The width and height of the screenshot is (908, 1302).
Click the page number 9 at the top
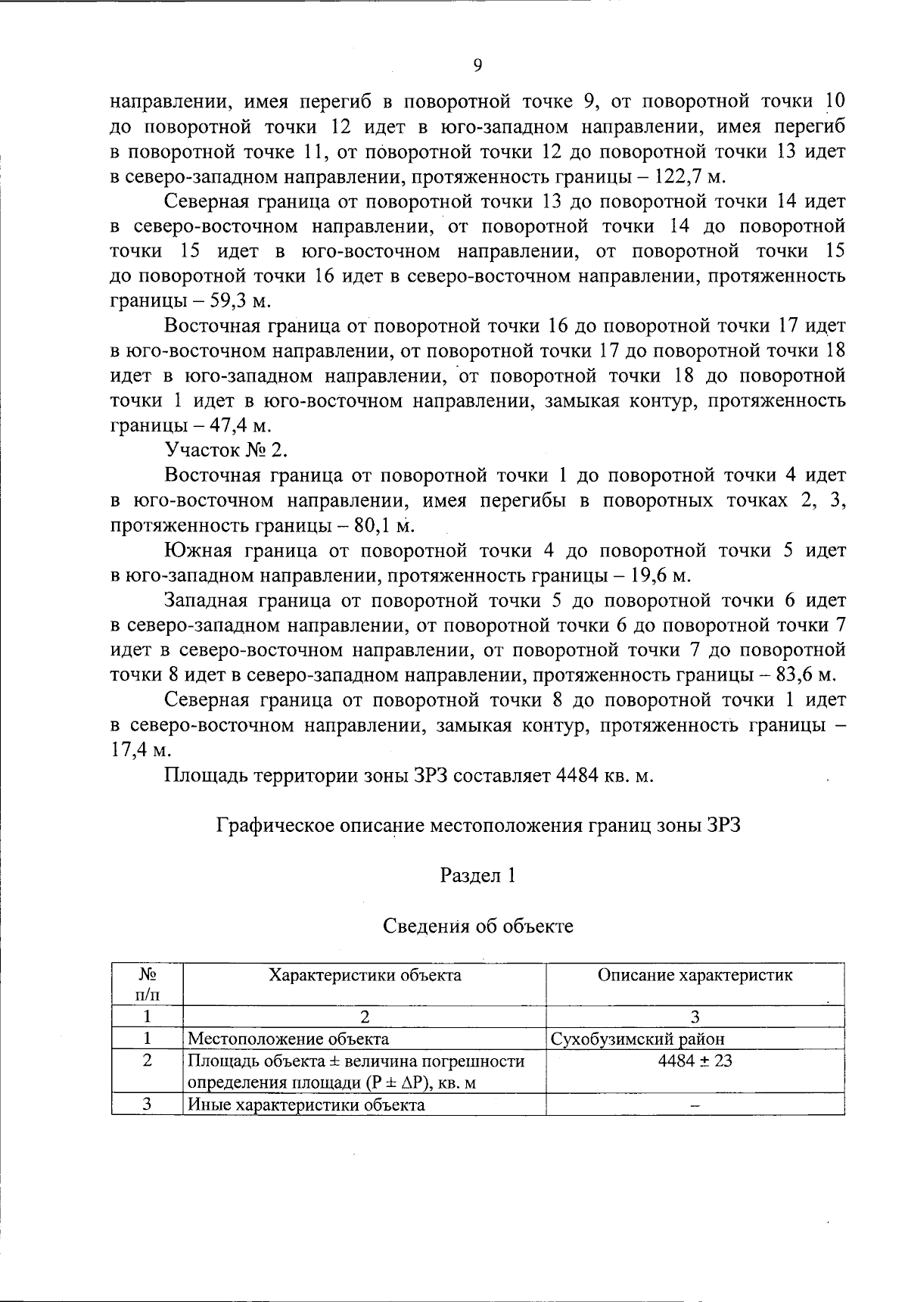[477, 65]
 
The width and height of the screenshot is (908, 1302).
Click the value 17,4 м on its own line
[141, 749]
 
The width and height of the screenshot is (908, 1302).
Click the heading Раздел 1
[477, 876]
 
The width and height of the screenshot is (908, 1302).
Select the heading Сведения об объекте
[477, 926]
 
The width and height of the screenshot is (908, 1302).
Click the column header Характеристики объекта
[365, 975]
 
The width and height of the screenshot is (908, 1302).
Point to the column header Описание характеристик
[695, 975]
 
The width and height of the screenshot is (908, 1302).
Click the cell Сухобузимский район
[638, 1039]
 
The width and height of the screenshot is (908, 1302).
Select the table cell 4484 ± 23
[695, 1061]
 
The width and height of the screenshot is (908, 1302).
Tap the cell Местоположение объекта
[288, 1039]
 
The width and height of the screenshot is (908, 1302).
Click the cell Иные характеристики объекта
[306, 1104]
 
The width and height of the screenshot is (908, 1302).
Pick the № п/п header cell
[148, 983]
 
